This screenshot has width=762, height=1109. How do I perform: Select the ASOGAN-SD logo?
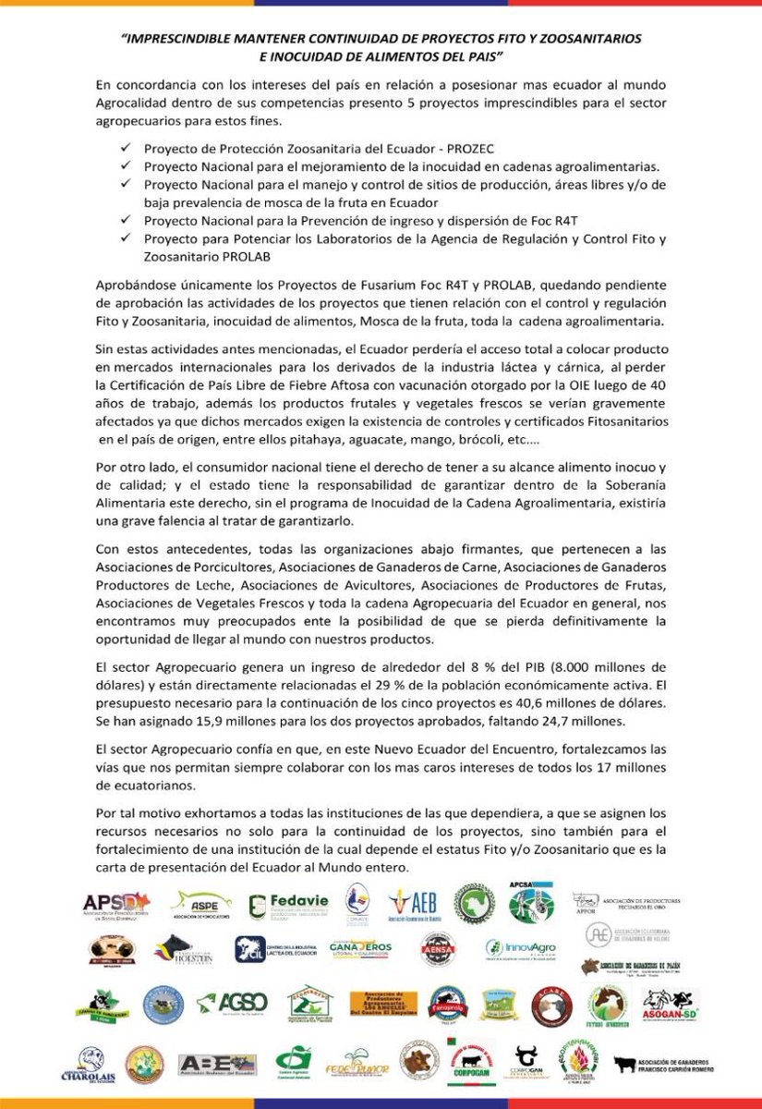pos(671,1004)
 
